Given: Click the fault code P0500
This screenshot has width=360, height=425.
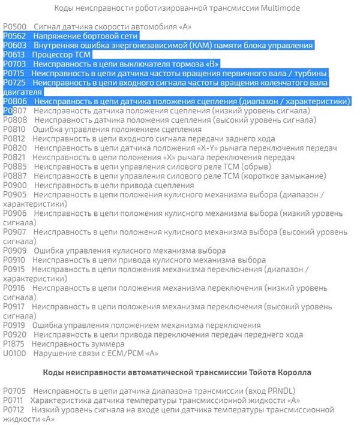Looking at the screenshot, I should point(14,27).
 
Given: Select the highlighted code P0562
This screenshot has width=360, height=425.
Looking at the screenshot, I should point(15,36).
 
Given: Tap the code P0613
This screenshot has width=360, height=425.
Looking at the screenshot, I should point(14,55).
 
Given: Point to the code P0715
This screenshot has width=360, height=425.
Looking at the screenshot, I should point(14,73).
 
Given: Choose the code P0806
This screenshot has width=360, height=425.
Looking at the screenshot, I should point(15,101).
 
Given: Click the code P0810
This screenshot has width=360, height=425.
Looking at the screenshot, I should point(14,129).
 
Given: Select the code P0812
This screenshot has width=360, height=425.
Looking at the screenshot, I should point(14,138).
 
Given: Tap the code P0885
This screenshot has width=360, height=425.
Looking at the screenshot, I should point(14,167).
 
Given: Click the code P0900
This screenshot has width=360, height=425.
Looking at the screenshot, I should point(14,185).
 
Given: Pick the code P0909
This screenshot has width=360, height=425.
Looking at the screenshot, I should point(14,251).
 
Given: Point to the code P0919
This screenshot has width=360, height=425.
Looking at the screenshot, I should point(14,325).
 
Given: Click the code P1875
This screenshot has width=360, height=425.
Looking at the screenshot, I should point(14,344).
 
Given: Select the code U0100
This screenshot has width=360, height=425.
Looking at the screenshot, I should point(14,353).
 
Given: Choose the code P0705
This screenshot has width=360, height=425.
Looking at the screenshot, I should point(14,391).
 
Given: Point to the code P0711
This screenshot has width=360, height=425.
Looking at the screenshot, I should point(14,400).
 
